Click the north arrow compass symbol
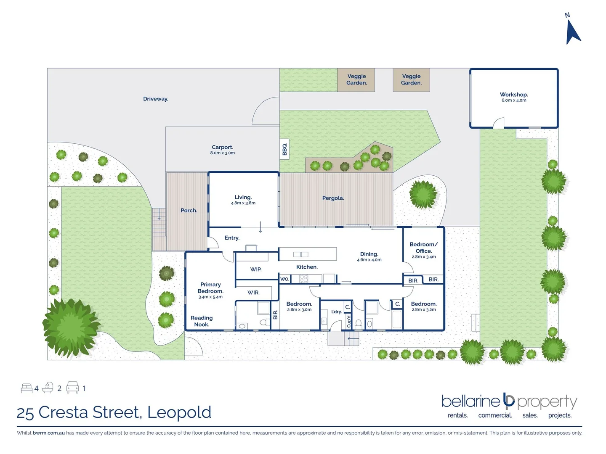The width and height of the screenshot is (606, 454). pyautogui.click(x=572, y=32)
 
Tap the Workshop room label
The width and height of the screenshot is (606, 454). pyautogui.click(x=513, y=95)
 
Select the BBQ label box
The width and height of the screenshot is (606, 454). pyautogui.click(x=284, y=149)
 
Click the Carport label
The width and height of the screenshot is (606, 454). pyautogui.click(x=222, y=148)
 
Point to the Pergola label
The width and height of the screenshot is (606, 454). pyautogui.click(x=333, y=198)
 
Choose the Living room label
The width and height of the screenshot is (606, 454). pyautogui.click(x=243, y=197)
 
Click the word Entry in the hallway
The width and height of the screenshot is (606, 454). pyautogui.click(x=232, y=238)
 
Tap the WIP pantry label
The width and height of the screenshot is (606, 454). pyautogui.click(x=256, y=269)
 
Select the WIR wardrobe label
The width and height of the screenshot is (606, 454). pyautogui.click(x=253, y=293)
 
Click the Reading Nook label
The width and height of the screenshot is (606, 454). pyautogui.click(x=202, y=321)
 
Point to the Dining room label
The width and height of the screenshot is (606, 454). pyautogui.click(x=369, y=254)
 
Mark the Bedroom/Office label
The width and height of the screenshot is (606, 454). pyautogui.click(x=423, y=248)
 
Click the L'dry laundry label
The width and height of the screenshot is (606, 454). pyautogui.click(x=336, y=312)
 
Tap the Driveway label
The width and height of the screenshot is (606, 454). pyautogui.click(x=156, y=99)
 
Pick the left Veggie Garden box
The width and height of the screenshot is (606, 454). pyautogui.click(x=356, y=80)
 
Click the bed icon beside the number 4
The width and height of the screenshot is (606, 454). pyautogui.click(x=27, y=388)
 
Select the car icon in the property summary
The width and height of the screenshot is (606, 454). pyautogui.click(x=72, y=388)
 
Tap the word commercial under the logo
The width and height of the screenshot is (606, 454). pyautogui.click(x=495, y=415)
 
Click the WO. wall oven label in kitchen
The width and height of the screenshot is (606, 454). pyautogui.click(x=285, y=279)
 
